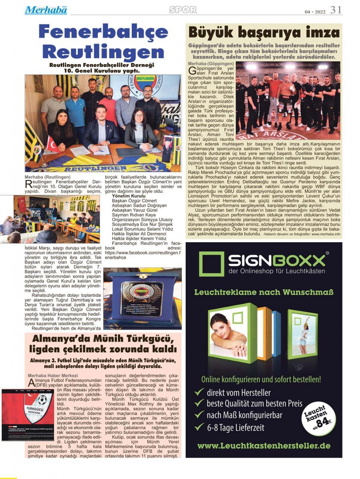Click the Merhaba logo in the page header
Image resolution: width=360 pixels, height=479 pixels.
click(x=46, y=10)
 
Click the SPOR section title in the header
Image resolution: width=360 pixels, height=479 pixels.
click(x=183, y=10)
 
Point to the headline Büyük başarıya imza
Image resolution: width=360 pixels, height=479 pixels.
click(x=264, y=33)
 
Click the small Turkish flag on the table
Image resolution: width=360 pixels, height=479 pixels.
click(x=52, y=145)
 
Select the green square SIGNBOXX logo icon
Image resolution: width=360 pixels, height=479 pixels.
click(x=211, y=264)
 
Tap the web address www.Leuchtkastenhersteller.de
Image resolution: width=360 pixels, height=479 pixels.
click(x=264, y=446)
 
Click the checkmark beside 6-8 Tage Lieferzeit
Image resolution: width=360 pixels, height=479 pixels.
click(x=199, y=427)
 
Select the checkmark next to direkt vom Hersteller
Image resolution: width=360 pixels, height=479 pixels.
click(x=199, y=392)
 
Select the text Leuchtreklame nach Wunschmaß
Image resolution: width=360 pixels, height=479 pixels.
click(x=264, y=292)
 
